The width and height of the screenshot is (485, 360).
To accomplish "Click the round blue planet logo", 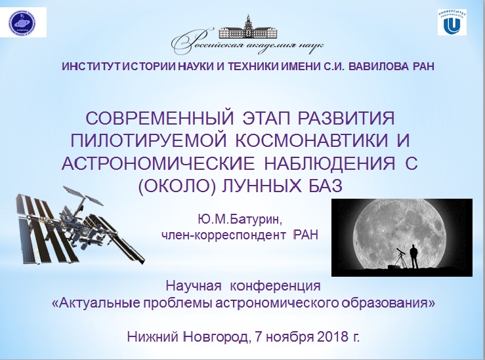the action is tap(23, 22).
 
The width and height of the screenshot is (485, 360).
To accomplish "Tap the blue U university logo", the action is tap(452, 22).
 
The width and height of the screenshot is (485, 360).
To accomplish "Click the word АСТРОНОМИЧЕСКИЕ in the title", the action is tap(158, 163).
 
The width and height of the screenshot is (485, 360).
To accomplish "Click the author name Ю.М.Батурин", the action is tap(240, 220).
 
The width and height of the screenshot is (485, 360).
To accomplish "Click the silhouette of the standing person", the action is tap(413, 256).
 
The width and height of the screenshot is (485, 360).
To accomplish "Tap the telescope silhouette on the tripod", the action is tap(400, 258).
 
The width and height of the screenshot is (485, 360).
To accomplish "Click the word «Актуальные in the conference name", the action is tap(95, 303).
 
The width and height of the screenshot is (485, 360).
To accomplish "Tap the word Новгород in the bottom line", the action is tap(217, 337).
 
